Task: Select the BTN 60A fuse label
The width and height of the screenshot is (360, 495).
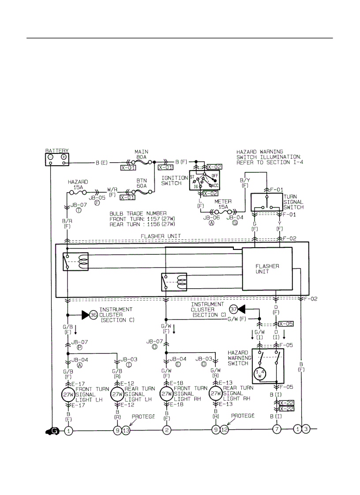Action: click(x=141, y=182)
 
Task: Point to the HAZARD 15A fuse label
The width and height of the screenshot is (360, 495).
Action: click(x=78, y=184)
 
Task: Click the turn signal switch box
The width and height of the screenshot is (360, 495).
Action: click(x=266, y=203)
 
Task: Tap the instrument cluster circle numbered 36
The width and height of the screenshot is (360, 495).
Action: click(x=93, y=315)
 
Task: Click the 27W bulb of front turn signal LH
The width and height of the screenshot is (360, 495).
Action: click(x=68, y=394)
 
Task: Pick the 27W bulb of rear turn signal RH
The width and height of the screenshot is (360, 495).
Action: click(x=215, y=394)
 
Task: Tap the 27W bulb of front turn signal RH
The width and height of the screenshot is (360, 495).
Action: click(x=166, y=394)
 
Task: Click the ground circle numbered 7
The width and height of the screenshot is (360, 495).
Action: click(x=277, y=429)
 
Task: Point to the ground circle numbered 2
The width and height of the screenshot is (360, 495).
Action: click(x=166, y=430)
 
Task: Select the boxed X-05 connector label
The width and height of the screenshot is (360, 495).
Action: click(x=285, y=324)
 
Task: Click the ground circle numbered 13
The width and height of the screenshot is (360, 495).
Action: click(x=126, y=430)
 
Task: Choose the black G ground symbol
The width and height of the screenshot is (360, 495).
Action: click(x=52, y=431)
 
